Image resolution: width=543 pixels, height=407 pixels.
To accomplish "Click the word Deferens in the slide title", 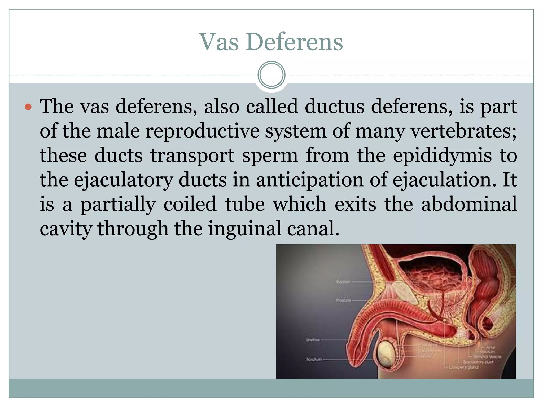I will point(294,42).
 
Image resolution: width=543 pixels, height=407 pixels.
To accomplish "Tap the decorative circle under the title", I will point(271,75).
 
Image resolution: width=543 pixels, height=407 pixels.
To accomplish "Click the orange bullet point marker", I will point(28,107).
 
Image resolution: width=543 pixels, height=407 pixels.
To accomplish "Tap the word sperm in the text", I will point(270,156).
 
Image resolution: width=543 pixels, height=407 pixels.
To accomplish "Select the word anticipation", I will point(309,180).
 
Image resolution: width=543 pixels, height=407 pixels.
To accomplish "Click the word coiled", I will point(190,204).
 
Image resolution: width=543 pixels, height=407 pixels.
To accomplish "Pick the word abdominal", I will point(469,204).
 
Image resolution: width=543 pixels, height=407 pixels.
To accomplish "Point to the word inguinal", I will point(244,229).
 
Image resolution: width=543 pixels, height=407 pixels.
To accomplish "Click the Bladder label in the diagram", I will point(343,282).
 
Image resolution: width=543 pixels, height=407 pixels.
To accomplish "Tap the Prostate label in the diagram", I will point(343,300).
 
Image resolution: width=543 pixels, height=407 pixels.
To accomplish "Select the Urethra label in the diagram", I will point(313,340).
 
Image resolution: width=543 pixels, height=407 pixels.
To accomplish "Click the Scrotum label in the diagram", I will point(314,360).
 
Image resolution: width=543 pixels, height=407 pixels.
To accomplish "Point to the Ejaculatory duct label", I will point(479,362).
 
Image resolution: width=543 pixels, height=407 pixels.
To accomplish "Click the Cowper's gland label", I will point(464,368).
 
